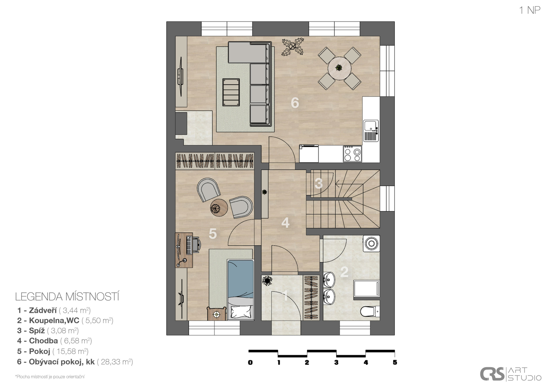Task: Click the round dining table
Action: (339, 68)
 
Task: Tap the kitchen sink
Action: (371, 130)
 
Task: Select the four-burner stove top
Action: (352, 154)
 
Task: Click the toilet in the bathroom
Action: (370, 312)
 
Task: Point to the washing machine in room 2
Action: (371, 244)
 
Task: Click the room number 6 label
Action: (295, 103)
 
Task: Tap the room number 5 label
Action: (213, 234)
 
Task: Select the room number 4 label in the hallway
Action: (285, 223)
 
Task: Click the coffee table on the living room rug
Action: (231, 92)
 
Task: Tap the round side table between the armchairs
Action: (219, 208)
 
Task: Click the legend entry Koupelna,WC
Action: (54, 320)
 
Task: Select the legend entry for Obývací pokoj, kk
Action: (62, 362)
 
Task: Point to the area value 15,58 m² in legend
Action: (70, 351)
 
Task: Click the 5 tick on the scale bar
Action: (395, 362)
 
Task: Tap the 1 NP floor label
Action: (530, 10)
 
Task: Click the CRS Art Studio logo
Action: (511, 374)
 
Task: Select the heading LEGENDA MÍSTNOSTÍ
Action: (67, 297)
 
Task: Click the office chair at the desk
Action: (197, 245)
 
